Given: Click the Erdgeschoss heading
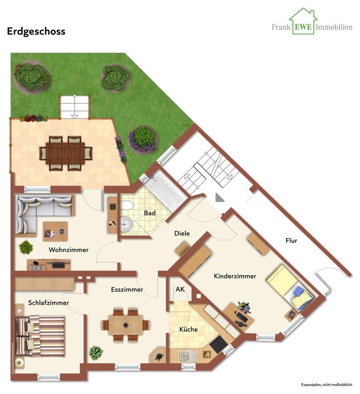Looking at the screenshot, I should click(x=36, y=31).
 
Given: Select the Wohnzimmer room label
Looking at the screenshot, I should click(x=69, y=250).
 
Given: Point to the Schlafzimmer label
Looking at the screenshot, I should click(x=49, y=303).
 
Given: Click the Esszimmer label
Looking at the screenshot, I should click(x=127, y=289).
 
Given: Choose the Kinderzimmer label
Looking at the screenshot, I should click(x=235, y=276).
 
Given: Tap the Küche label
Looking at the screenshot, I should click(x=188, y=329).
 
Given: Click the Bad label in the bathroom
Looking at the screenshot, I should click(x=150, y=213).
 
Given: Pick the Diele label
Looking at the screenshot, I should click(x=182, y=234).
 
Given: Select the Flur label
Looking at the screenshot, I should click(x=292, y=240).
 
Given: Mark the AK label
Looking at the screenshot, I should click(x=180, y=289).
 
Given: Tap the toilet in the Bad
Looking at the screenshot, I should click(x=127, y=206).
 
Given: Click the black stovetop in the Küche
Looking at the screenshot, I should click(x=219, y=345).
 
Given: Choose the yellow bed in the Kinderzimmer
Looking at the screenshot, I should click(x=290, y=288).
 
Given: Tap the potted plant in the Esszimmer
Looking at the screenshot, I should click(x=96, y=352).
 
